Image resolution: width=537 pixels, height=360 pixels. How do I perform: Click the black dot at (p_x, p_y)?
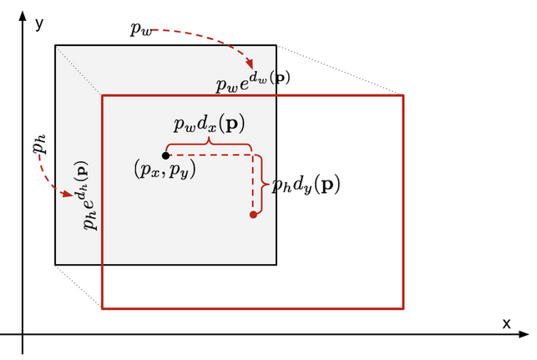pos(166,155)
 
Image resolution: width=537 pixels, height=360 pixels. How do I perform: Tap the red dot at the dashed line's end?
pos(253,215)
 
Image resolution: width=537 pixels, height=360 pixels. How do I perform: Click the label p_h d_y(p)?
pos(306,185)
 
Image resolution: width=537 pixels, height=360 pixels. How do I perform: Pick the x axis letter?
pos(506,323)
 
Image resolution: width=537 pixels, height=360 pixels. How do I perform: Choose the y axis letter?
pos(39,23)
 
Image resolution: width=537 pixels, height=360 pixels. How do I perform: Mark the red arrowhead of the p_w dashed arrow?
pos(248,66)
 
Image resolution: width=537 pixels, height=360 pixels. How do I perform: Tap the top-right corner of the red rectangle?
pos(403,95)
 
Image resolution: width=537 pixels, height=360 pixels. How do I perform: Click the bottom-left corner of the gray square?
pos(56,265)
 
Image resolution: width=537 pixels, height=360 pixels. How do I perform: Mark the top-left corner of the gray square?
pos(56,45)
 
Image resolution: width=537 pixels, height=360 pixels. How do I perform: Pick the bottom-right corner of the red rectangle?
pos(403,308)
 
